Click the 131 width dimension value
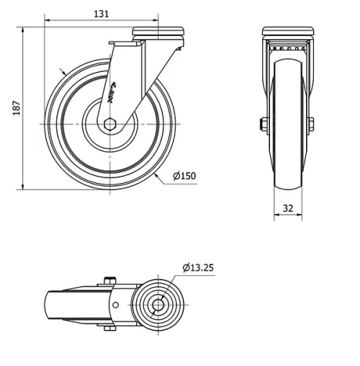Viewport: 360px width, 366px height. coord(104,13)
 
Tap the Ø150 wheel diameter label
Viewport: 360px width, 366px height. coord(184,175)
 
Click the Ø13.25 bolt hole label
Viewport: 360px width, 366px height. coord(198,267)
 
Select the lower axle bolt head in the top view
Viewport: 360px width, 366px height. coord(109,330)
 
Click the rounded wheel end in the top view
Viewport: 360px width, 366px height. coord(52,305)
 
